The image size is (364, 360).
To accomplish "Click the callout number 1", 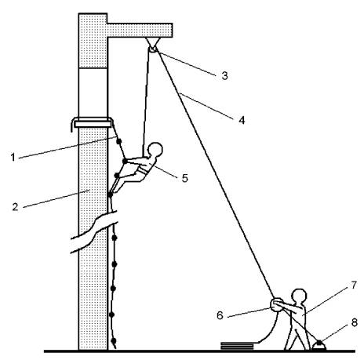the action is (13, 158).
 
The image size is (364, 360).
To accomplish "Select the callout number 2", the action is (16, 207).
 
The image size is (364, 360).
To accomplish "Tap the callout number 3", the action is (224, 76).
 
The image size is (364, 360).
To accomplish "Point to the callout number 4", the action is (242, 120).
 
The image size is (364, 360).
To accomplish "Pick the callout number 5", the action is (185, 178).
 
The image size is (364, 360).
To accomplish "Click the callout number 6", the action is (220, 315).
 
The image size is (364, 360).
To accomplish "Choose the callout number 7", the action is (354, 285).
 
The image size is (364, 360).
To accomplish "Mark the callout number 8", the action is (354, 323).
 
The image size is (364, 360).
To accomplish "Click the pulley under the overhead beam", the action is (153, 49).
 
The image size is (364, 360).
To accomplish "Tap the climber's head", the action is (155, 150).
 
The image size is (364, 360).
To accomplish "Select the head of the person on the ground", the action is (299, 296).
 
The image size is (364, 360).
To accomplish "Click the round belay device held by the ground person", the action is (276, 305).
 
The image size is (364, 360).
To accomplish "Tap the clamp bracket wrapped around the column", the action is (93, 123).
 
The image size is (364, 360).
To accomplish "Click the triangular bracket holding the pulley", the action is (153, 42).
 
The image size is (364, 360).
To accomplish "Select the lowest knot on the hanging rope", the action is (114, 341).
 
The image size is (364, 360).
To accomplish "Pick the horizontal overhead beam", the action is (140, 30).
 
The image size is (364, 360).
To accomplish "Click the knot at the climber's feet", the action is (110, 195).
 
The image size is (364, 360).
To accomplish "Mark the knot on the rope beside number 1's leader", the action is (119, 141).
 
